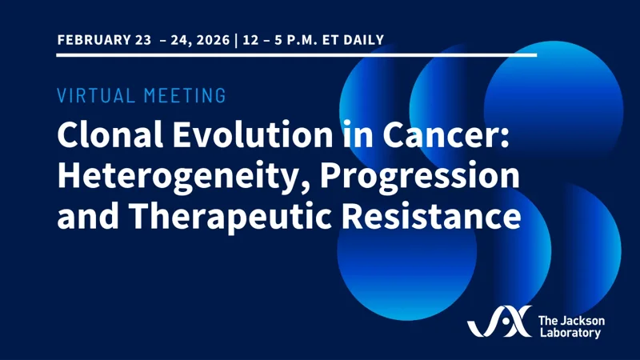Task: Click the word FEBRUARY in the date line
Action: pos(90,39)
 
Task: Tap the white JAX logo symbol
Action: pos(498,322)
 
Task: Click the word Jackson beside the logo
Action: pos(583,319)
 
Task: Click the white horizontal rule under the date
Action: pos(296,55)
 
